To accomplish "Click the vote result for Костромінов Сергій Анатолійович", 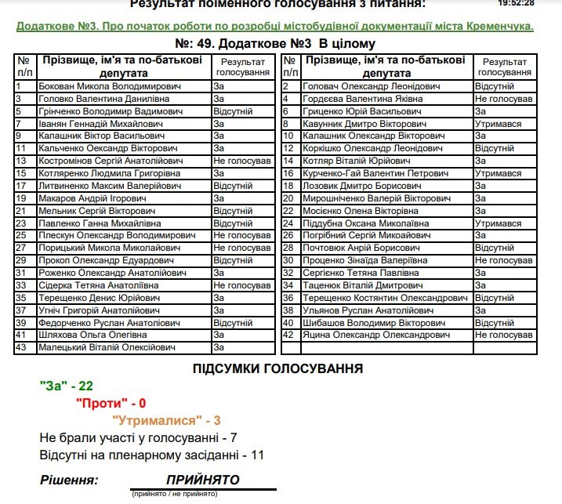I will tap(242, 161).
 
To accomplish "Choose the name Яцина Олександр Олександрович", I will tap(377, 335).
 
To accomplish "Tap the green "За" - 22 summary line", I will tap(67, 386).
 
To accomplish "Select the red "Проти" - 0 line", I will tap(111, 403).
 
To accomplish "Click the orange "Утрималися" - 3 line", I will tap(166, 420).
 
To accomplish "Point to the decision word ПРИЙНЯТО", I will tap(202, 480).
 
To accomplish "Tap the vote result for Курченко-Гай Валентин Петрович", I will tap(498, 173).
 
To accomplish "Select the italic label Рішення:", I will tap(69, 480).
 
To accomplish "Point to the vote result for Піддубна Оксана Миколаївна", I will tap(498, 223).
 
